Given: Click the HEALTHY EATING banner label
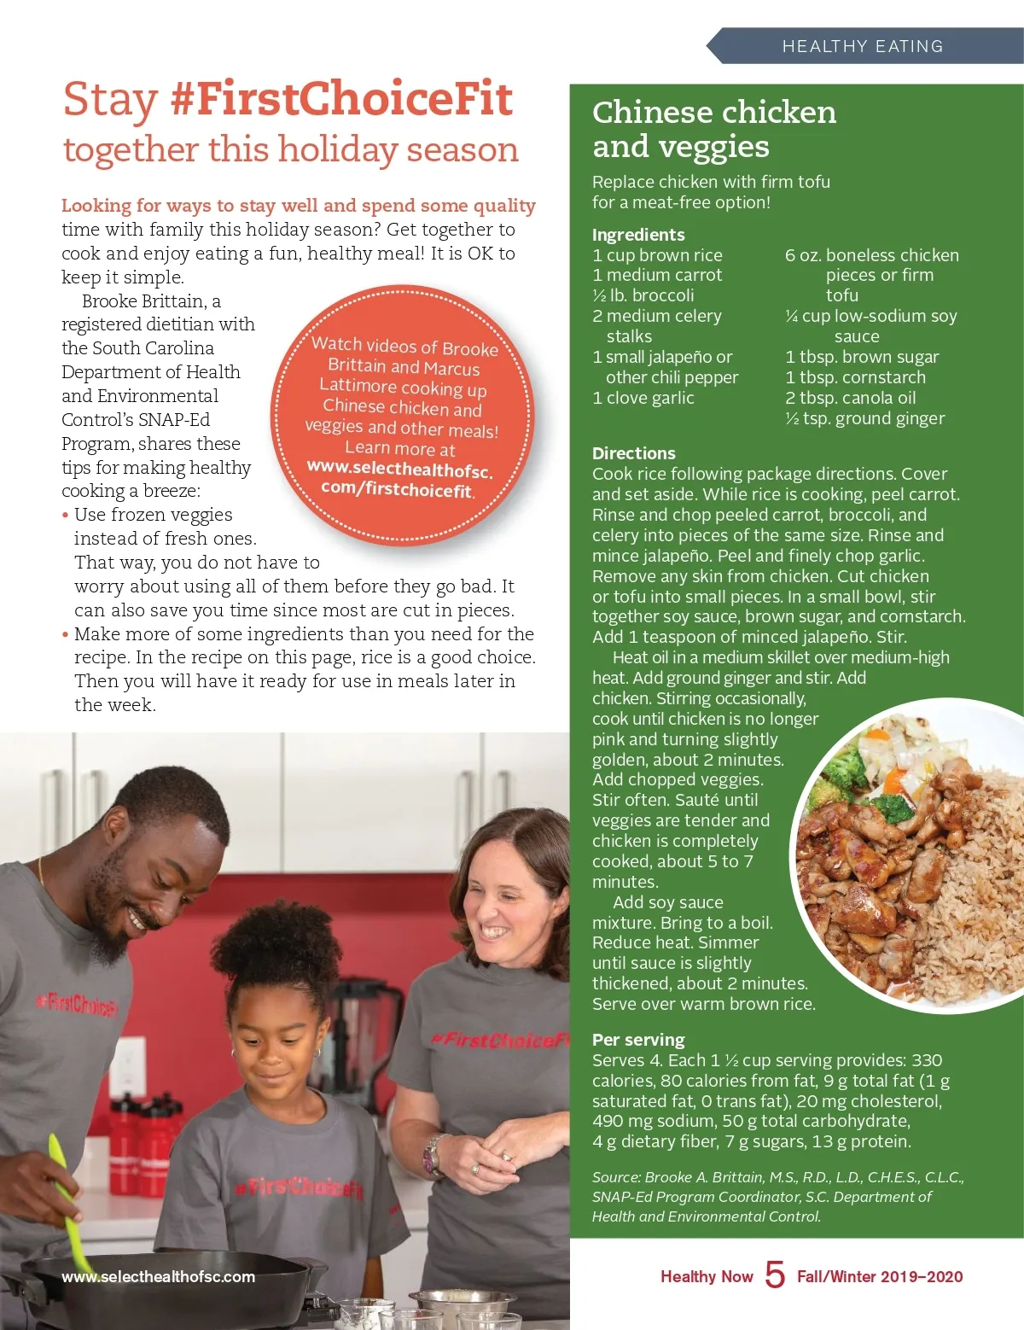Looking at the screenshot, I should pyautogui.click(x=862, y=46).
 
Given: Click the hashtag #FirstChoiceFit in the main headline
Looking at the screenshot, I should pyautogui.click(x=341, y=100).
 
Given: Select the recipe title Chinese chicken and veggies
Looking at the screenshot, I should pyautogui.click(x=713, y=129).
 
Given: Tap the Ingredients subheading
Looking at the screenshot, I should pyautogui.click(x=638, y=235).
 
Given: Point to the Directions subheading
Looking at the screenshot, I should pyautogui.click(x=633, y=453).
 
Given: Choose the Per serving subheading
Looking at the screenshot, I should pyautogui.click(x=638, y=1040).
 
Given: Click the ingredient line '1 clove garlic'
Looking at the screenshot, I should pyautogui.click(x=643, y=398).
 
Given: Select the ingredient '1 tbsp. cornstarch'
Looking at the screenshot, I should pyautogui.click(x=855, y=377).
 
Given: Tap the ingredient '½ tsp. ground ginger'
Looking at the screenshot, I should pyautogui.click(x=864, y=418).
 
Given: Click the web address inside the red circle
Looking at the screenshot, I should pyautogui.click(x=399, y=479).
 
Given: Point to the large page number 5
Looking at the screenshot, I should pyautogui.click(x=775, y=1275).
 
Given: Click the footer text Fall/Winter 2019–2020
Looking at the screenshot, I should pyautogui.click(x=879, y=1277).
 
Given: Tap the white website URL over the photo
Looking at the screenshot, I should pyautogui.click(x=158, y=1277).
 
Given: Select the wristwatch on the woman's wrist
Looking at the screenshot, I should pyautogui.click(x=433, y=1153).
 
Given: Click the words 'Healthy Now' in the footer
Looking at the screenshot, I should pyautogui.click(x=707, y=1277).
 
